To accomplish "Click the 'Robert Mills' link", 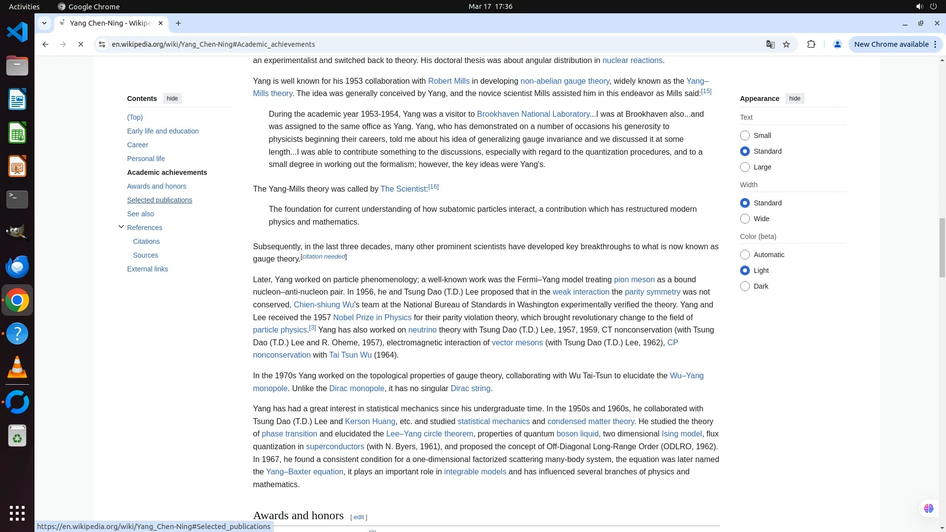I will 448,81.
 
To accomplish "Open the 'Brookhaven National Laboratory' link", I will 533,114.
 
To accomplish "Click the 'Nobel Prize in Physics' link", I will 372,318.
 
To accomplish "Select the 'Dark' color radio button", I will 745,286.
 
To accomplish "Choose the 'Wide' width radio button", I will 745,219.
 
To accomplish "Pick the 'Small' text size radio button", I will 745,135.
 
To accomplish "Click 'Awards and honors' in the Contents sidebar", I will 157,186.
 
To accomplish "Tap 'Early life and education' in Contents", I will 163,131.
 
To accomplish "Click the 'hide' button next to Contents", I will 172,99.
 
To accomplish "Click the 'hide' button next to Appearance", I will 794,99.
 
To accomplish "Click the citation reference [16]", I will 433,187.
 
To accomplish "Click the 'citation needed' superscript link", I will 323,257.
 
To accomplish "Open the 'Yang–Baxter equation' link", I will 304,472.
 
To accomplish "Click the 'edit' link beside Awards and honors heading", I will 359,517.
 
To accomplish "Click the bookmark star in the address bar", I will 786,44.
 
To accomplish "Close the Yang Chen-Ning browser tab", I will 161,23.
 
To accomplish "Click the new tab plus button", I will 178,23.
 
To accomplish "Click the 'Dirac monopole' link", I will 356,389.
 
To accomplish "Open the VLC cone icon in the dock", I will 17,367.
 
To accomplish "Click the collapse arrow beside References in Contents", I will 121,227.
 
